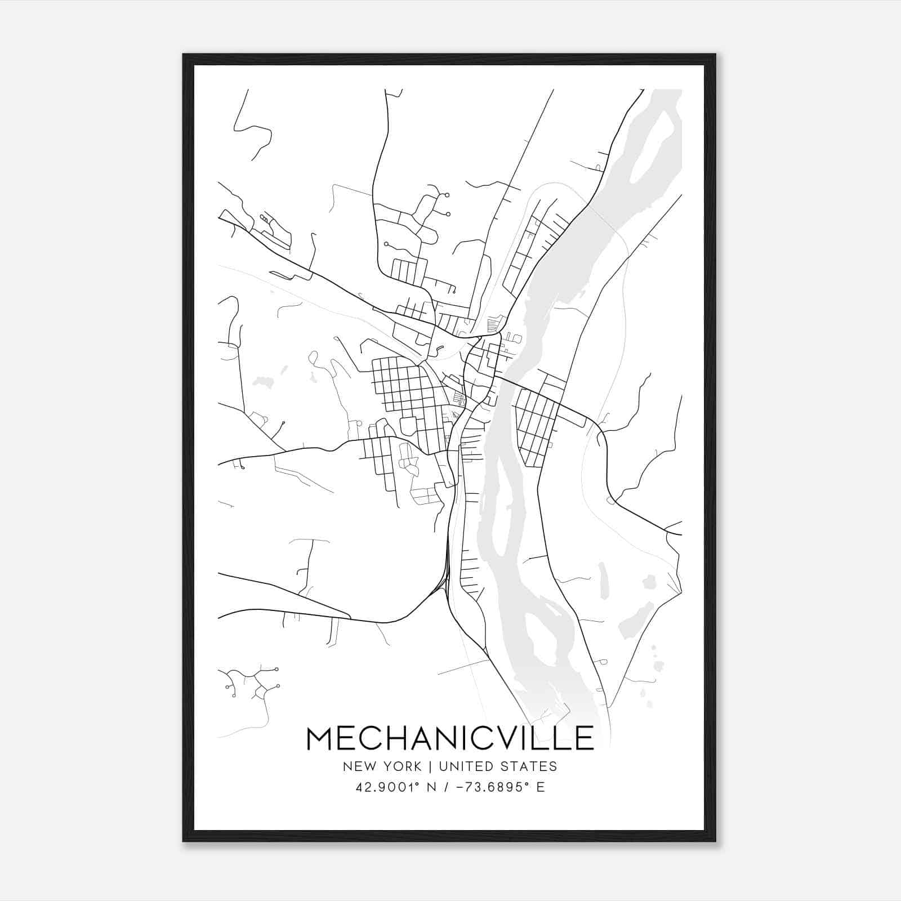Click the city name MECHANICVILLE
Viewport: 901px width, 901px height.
tap(450, 738)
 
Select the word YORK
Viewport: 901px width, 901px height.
tap(402, 766)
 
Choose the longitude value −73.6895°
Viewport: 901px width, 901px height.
tap(489, 787)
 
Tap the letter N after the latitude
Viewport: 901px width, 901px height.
tap(432, 787)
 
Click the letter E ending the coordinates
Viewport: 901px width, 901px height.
tap(541, 787)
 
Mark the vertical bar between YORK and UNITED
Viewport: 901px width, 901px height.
tap(430, 766)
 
